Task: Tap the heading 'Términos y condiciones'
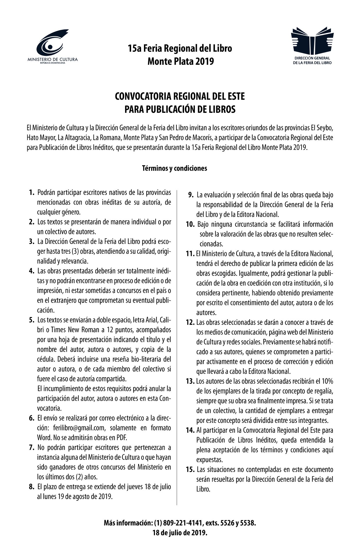[x=174, y=168]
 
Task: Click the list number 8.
[x=32, y=487]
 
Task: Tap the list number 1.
[x=32, y=192]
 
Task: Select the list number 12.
[x=190, y=323]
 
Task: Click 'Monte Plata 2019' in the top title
[x=180, y=61]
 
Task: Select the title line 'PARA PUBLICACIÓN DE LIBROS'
[x=180, y=109]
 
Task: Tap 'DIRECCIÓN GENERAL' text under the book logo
[x=312, y=58]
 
